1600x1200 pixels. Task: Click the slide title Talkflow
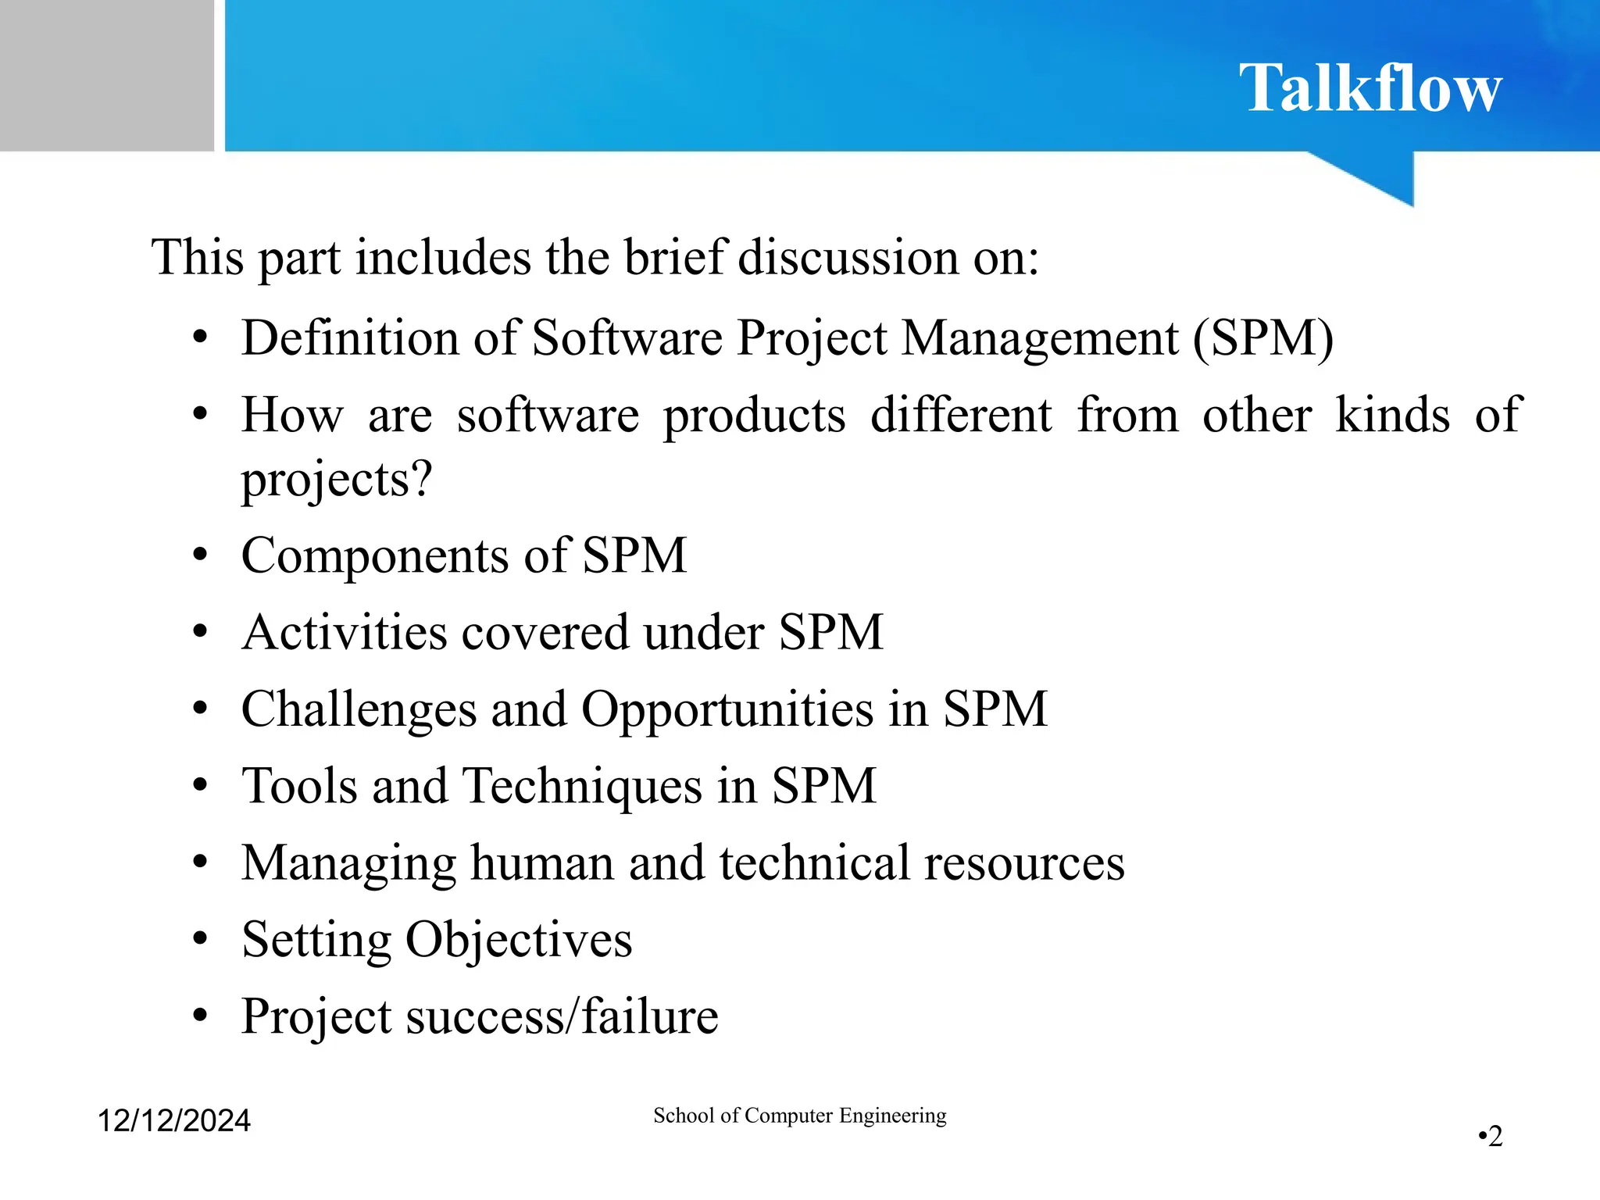[x=1370, y=88]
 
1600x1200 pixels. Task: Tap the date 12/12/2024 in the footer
[x=173, y=1120]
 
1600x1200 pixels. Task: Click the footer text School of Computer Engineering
[x=799, y=1115]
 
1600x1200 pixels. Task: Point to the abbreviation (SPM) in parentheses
[x=1263, y=338]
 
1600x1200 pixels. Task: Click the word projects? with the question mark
[x=336, y=479]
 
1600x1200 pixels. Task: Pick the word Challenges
[x=359, y=709]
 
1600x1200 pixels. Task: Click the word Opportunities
[x=727, y=709]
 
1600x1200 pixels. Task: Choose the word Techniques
[x=582, y=786]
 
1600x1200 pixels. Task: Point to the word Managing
[x=348, y=864]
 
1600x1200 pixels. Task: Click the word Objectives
[x=519, y=940]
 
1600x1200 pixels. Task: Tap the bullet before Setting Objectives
[x=201, y=940]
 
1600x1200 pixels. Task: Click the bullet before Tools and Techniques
[x=201, y=786]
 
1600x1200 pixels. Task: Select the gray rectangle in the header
[x=106, y=75]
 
